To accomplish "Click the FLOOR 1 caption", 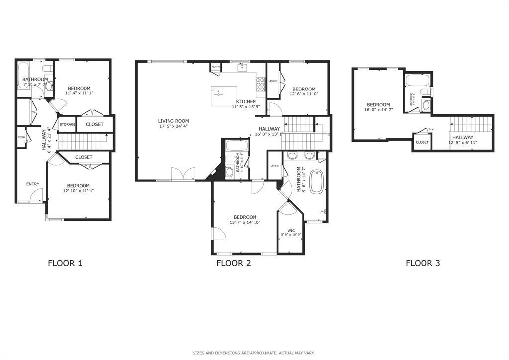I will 65,263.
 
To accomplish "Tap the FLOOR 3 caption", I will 423,263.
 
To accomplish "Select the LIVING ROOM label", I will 173,121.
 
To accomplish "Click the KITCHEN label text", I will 246,102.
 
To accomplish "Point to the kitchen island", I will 224,96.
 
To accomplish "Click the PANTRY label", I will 216,67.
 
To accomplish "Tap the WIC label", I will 291,230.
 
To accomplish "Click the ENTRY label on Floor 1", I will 33,184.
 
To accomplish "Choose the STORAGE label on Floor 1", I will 67,124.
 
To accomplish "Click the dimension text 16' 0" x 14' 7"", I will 378,110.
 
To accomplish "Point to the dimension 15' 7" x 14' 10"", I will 245,223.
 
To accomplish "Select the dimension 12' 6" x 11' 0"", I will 303,95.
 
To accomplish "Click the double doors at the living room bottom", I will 183,174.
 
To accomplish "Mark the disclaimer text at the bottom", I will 254,353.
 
